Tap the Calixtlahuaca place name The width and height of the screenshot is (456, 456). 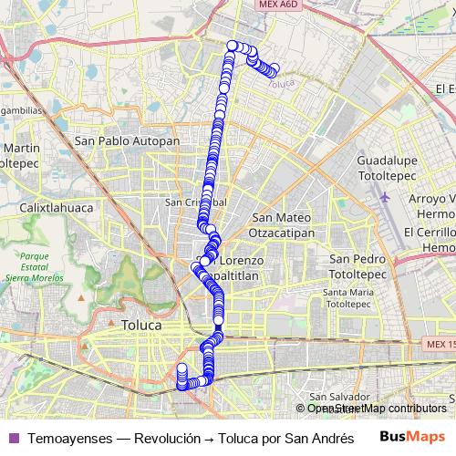52,207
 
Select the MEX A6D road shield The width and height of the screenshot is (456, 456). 277,5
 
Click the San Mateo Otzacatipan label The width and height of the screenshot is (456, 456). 283,224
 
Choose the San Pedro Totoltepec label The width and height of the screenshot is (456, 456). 358,265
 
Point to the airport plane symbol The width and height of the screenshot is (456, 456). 384,196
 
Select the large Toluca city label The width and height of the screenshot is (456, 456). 140,325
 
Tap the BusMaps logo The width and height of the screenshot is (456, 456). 413,437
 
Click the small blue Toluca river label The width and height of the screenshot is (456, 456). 284,84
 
